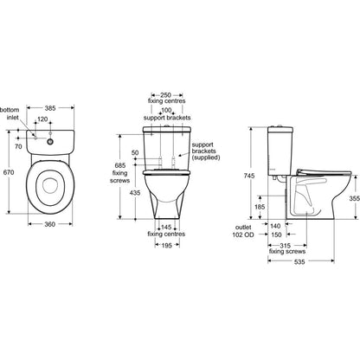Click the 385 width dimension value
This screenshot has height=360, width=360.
[x=50, y=108]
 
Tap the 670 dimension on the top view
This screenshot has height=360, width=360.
[x=9, y=172]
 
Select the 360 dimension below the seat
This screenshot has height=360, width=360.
[x=50, y=224]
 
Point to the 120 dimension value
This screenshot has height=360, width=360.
[x=42, y=119]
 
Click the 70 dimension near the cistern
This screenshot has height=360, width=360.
[x=18, y=146]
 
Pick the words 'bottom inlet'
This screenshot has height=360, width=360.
[x=10, y=113]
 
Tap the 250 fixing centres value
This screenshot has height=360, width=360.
[x=166, y=95]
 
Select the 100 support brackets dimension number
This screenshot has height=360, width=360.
[x=166, y=111]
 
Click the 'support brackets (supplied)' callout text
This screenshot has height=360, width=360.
[x=206, y=151]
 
